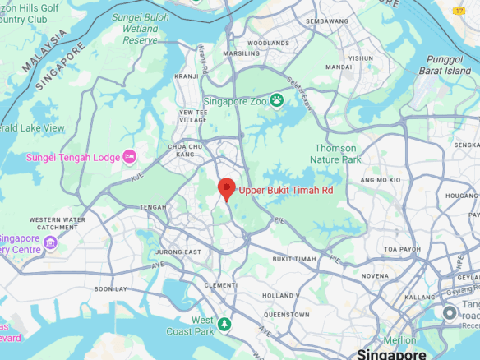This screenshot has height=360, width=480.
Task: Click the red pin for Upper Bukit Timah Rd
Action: coord(227,187)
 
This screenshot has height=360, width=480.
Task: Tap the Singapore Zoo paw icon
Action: coord(277,100)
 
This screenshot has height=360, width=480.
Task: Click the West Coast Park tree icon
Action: coord(224,325)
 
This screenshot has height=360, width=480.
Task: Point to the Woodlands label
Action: coord(268,43)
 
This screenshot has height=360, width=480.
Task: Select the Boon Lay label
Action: coord(110,288)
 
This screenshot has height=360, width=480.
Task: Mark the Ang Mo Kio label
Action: coord(380,179)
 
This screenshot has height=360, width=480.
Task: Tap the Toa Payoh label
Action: coord(402,247)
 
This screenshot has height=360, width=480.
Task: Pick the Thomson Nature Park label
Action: coord(337,154)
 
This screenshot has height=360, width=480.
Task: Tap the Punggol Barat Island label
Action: coord(445,64)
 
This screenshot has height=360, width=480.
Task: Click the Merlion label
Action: coord(399,340)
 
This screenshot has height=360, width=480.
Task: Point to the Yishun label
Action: coord(360,58)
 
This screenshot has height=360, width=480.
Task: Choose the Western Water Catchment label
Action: coord(58,224)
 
